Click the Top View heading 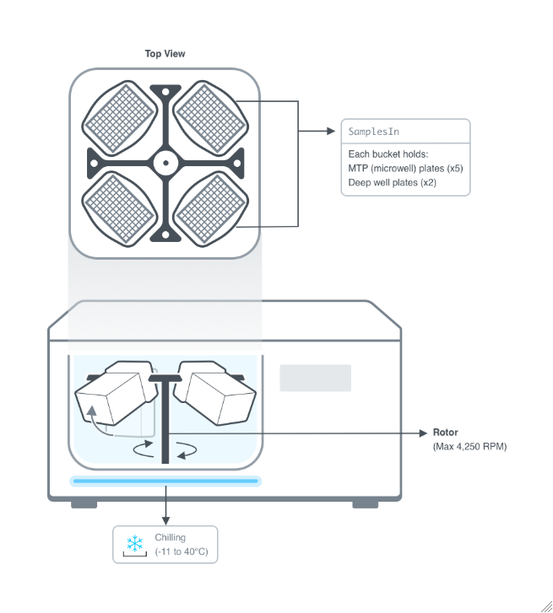[165, 54]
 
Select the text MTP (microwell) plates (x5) [405, 168]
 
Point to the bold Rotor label [445, 433]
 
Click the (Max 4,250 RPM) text [469, 446]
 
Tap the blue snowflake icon [134, 543]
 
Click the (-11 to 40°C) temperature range [181, 551]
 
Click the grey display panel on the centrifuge [315, 378]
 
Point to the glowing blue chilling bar [165, 481]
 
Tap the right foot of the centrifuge [365, 503]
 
